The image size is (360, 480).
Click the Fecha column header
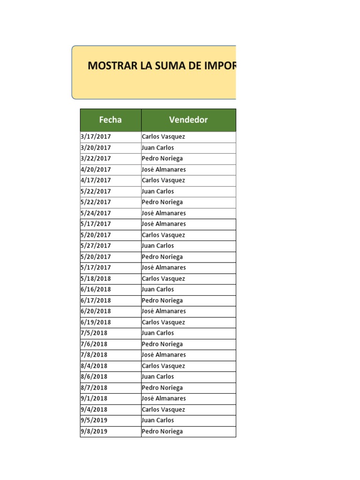coord(110,120)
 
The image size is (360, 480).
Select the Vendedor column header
coord(188,120)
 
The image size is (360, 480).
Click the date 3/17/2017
coord(96,137)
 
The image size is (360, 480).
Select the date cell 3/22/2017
coord(96,158)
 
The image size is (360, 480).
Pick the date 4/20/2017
coord(96,170)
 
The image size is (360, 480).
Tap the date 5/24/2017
coord(96,213)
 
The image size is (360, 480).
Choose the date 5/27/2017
coord(96,246)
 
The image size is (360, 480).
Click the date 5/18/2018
coord(96,278)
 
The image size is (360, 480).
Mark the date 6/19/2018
coord(96,322)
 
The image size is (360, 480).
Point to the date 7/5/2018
coord(94,333)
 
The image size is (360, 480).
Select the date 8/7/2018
coord(94,388)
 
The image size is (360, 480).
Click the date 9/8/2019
coord(94,431)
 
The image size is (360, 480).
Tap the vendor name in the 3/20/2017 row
coord(157,148)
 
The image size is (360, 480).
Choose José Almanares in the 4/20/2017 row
coord(164,170)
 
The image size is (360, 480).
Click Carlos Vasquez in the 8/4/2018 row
coord(163,366)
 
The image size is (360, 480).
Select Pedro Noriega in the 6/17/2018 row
coord(162,300)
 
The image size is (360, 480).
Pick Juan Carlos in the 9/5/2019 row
coord(157,420)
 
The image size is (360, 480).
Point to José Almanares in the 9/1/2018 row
coord(164,398)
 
